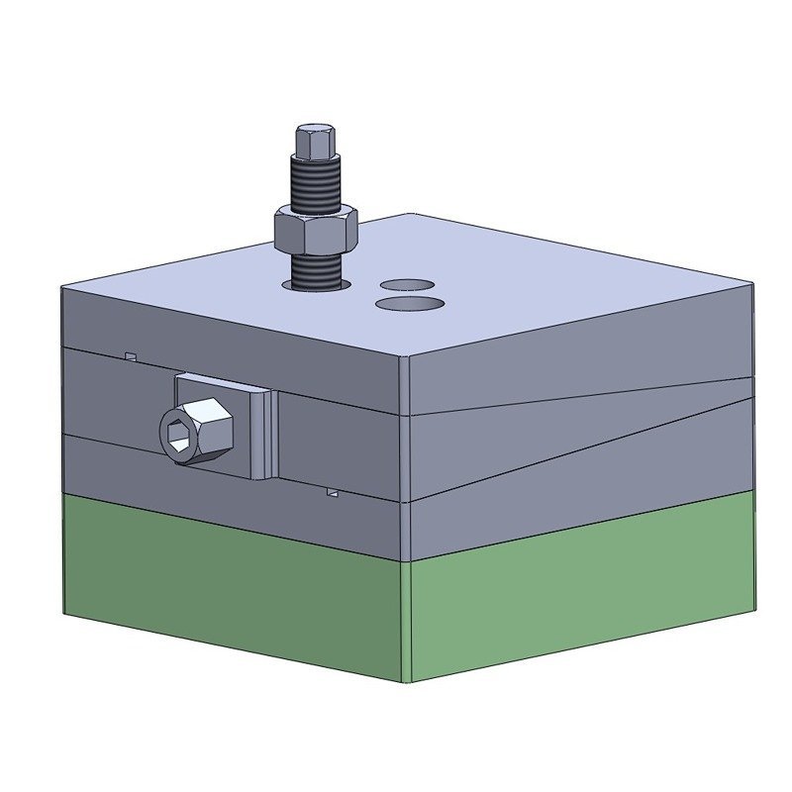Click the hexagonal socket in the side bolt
coord(179,434)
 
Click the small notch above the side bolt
coord(130,354)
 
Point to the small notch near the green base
coord(334,491)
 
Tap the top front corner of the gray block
coord(405,356)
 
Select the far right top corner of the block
coord(751,284)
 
